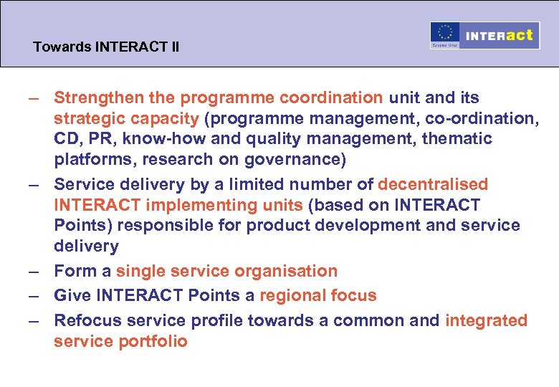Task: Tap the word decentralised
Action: [x=433, y=185]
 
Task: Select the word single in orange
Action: [x=140, y=271]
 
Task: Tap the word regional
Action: [x=290, y=295]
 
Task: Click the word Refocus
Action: [x=83, y=320]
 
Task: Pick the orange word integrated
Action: [x=486, y=320]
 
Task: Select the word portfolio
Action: [x=155, y=341]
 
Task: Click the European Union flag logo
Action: [x=444, y=35]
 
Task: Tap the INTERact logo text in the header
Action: [x=499, y=35]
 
